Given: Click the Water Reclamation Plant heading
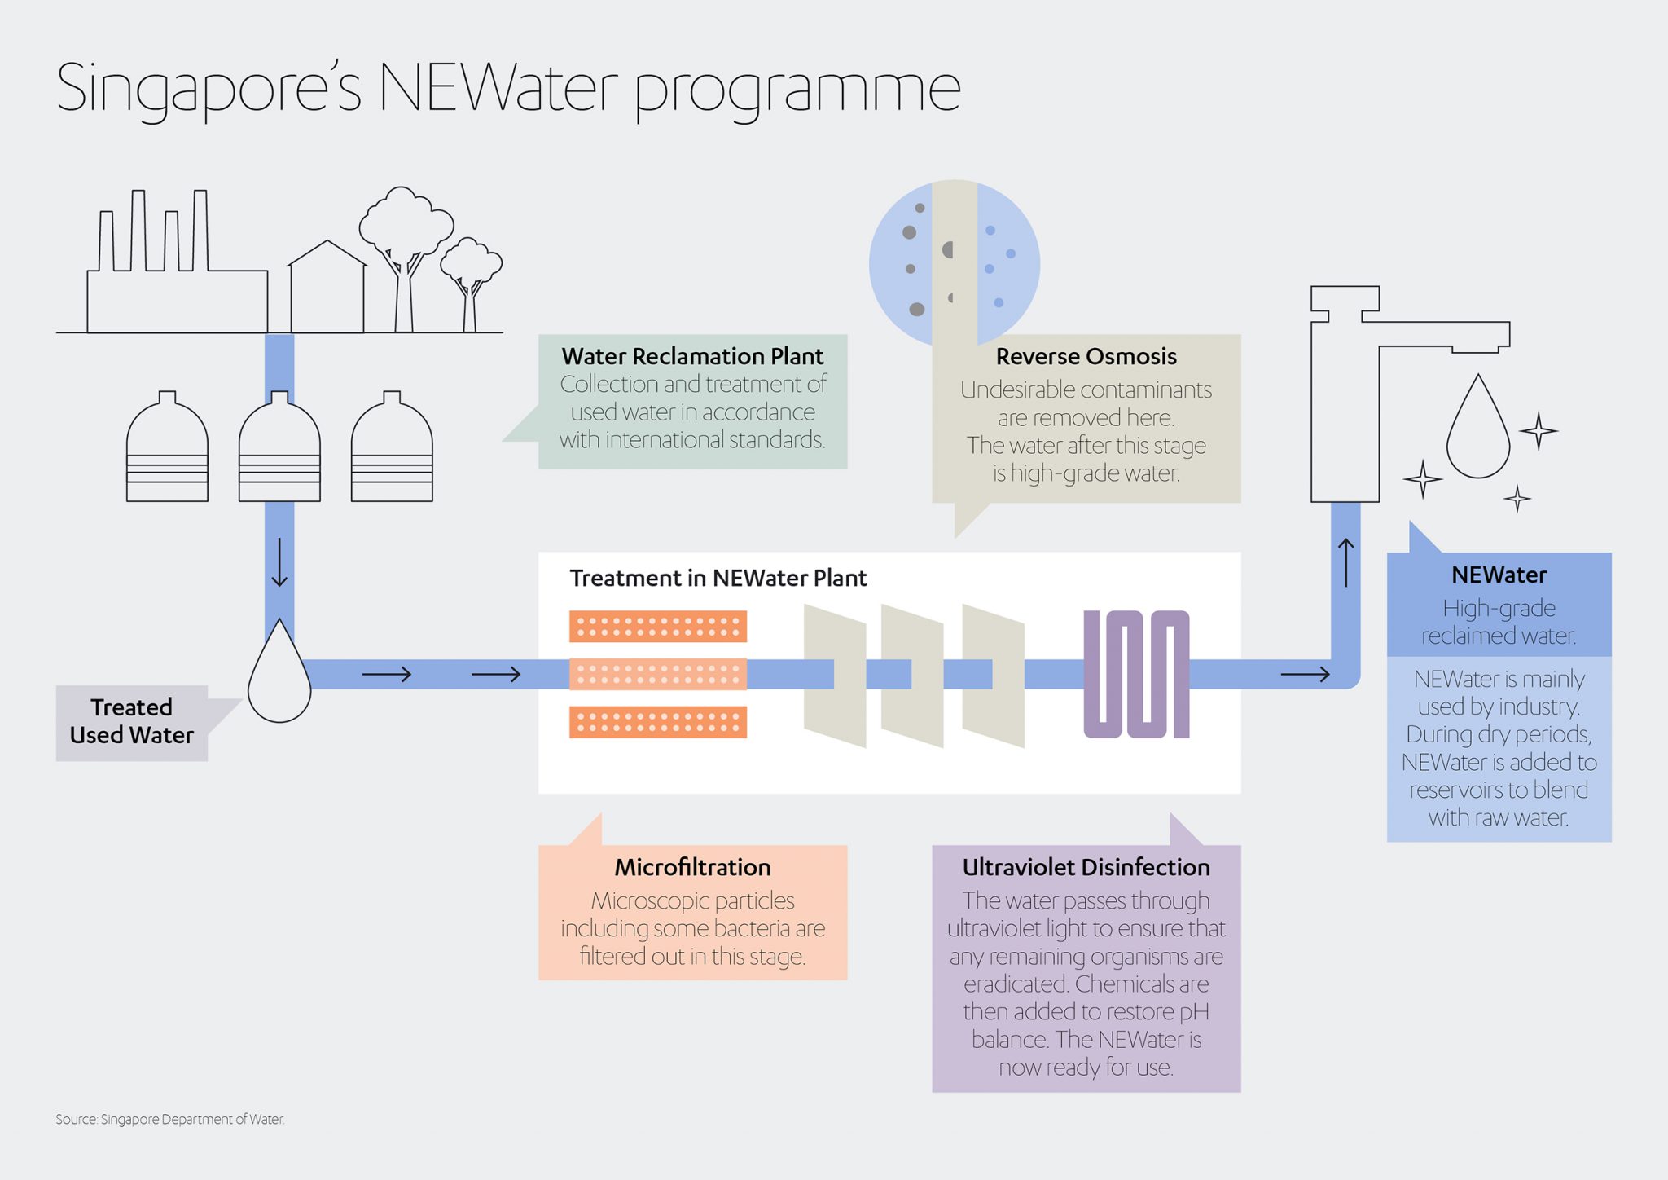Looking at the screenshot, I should click(692, 356).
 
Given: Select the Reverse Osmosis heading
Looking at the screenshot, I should click(1086, 356).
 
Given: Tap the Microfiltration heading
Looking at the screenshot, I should click(692, 867).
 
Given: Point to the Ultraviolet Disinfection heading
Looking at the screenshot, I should click(1086, 867).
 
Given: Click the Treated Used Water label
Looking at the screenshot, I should click(132, 721).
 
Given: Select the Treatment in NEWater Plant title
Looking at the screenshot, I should click(718, 578).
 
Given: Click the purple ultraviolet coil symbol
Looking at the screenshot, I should click(1135, 674).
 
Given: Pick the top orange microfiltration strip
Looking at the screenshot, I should click(657, 627).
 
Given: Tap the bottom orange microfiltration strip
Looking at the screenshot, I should click(657, 722).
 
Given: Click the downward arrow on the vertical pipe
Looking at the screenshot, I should click(279, 562).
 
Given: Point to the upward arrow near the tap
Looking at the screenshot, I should click(1346, 562).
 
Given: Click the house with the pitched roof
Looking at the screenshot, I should click(327, 289).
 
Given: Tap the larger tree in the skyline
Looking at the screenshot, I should click(405, 244).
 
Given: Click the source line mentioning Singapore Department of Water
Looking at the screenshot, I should click(169, 1119).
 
